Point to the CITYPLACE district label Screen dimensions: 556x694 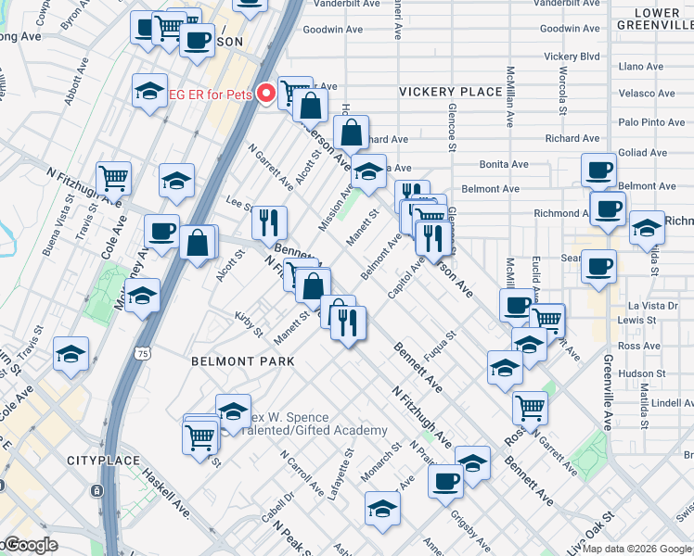[x=102, y=461]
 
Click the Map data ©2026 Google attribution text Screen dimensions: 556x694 [x=636, y=549]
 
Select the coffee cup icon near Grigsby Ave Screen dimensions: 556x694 [x=446, y=480]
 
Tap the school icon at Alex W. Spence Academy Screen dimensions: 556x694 [x=233, y=410]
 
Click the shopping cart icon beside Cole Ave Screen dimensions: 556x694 [x=113, y=176]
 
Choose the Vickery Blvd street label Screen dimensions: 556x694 [x=572, y=57]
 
